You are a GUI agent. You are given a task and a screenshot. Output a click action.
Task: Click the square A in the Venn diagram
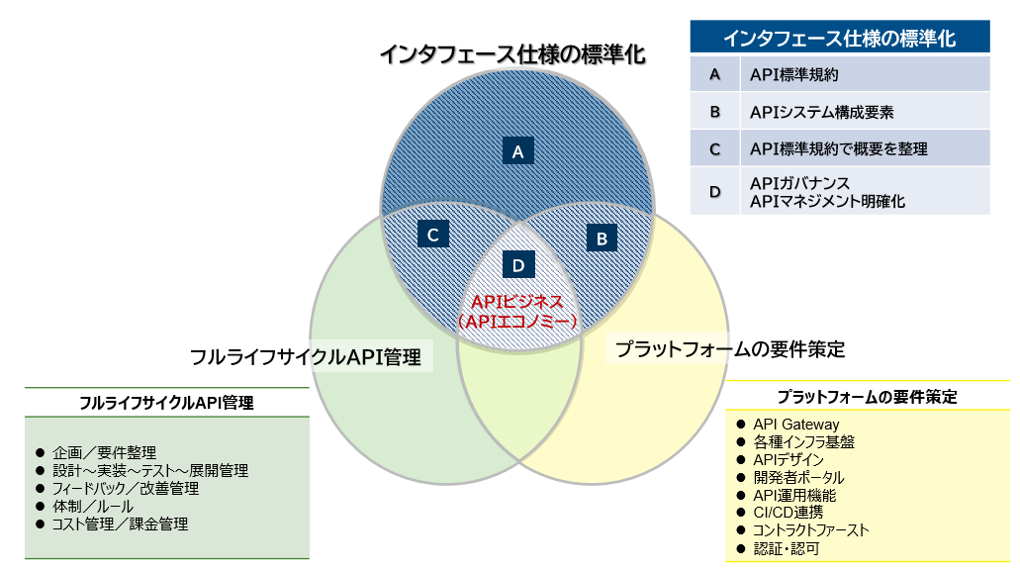(x=517, y=151)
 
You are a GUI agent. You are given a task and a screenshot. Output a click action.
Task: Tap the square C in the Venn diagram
(x=433, y=235)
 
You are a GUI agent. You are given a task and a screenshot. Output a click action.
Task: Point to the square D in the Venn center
(x=517, y=264)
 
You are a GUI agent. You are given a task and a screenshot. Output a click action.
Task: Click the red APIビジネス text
(x=517, y=302)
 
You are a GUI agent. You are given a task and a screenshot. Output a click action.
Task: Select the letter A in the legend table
(x=714, y=74)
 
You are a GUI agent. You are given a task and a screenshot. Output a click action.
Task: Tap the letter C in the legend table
(x=714, y=149)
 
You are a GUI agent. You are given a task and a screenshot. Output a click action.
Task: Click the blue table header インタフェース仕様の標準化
(x=839, y=39)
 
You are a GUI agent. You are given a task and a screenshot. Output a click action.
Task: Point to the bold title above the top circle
(x=512, y=54)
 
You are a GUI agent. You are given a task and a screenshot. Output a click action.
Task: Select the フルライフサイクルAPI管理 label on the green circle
(x=306, y=356)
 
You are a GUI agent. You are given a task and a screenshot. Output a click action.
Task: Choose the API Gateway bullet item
(x=795, y=425)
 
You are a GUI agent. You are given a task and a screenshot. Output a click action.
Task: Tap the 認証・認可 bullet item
(x=787, y=548)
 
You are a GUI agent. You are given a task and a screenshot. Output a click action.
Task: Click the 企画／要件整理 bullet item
(x=104, y=452)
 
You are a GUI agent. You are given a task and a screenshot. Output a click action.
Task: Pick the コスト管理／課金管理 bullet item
(x=120, y=524)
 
